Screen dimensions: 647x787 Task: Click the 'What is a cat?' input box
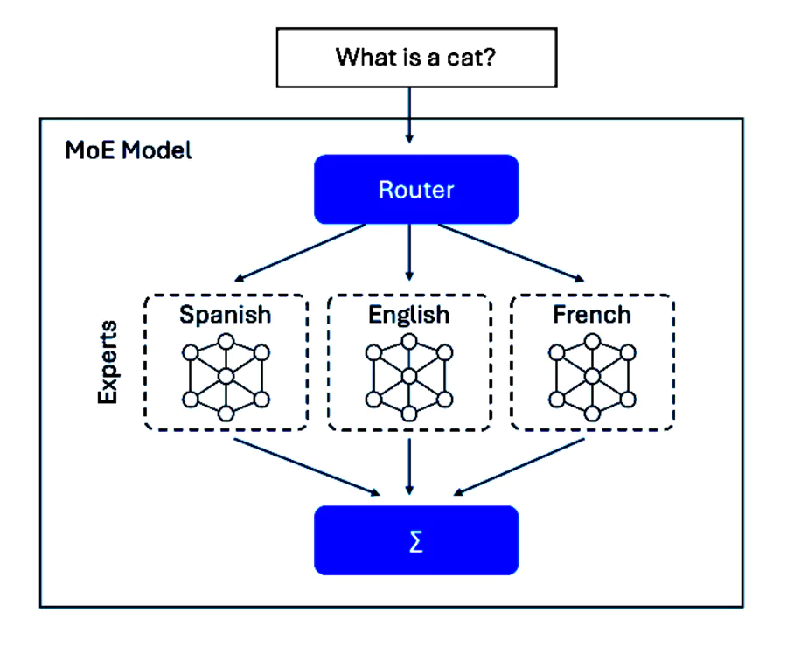point(416,58)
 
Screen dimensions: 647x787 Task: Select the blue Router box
point(416,190)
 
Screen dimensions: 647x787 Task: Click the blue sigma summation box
point(416,541)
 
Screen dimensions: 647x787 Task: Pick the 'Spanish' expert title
point(226,315)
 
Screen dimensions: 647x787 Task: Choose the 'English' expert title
point(408,315)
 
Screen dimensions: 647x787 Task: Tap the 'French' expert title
point(591,315)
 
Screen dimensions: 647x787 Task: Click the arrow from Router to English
point(408,254)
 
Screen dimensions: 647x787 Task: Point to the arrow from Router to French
point(512,254)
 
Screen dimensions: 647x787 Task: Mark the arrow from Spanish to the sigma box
point(306,466)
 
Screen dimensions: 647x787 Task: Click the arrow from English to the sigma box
point(408,468)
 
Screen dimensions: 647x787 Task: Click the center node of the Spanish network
point(226,377)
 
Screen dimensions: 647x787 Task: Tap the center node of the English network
point(408,377)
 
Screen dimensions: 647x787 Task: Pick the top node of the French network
point(591,341)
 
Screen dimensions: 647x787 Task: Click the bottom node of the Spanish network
point(226,413)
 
